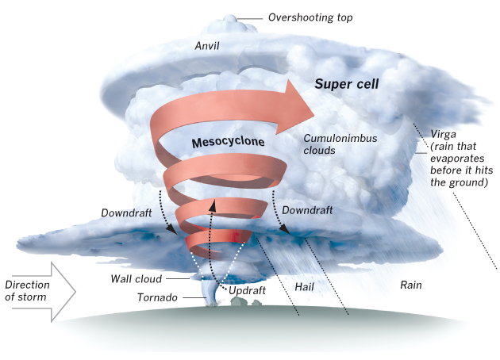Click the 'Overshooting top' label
click(x=310, y=17)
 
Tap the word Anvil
click(x=207, y=46)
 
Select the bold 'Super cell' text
click(x=347, y=84)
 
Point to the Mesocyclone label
click(x=228, y=142)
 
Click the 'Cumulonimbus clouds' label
click(x=340, y=144)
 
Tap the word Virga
click(x=443, y=135)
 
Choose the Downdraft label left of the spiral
click(x=126, y=213)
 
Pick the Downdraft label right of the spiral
click(x=307, y=210)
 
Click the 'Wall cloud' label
click(x=137, y=279)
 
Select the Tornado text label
click(x=157, y=297)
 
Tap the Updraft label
click(x=247, y=290)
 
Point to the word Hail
click(x=304, y=287)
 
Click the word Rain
click(x=411, y=285)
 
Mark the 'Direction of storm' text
click(x=28, y=291)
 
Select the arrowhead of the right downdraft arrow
click(x=285, y=230)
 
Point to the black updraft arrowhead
click(x=213, y=206)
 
